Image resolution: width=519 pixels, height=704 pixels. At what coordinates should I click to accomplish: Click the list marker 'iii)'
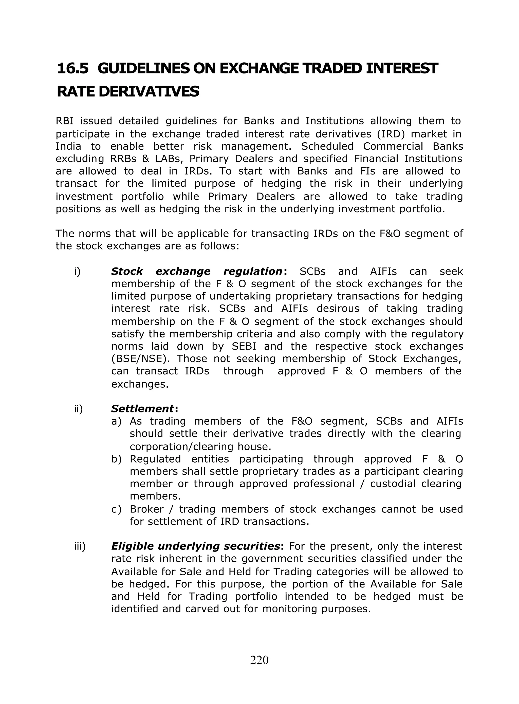point(80,546)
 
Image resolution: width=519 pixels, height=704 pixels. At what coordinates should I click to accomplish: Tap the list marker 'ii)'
point(79,409)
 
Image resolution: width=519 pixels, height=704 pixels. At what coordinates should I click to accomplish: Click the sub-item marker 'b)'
point(116,459)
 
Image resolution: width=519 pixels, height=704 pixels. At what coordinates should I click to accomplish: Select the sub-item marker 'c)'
point(116,509)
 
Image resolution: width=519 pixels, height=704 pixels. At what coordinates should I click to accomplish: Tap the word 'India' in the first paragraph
point(68,146)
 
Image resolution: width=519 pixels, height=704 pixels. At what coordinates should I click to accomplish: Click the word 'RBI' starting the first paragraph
point(64,121)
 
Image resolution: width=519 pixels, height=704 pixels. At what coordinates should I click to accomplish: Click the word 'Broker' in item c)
point(147,509)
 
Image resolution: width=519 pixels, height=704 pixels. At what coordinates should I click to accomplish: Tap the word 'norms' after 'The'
point(95,234)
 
